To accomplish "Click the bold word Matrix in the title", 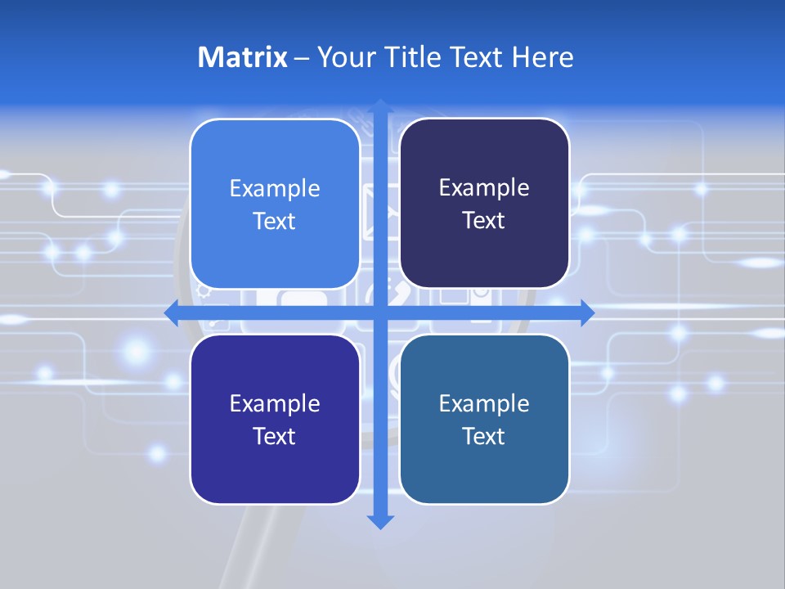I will [242, 57].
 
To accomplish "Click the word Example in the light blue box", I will [275, 189].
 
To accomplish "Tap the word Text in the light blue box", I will [275, 222].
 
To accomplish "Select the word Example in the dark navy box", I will [484, 188].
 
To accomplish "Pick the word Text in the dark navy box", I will [484, 221].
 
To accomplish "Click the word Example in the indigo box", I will [275, 403].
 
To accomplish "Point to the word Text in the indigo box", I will [275, 436].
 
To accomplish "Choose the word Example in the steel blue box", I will [484, 403].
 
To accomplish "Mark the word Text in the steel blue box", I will [484, 436].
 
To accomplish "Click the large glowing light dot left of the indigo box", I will [137, 352].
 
